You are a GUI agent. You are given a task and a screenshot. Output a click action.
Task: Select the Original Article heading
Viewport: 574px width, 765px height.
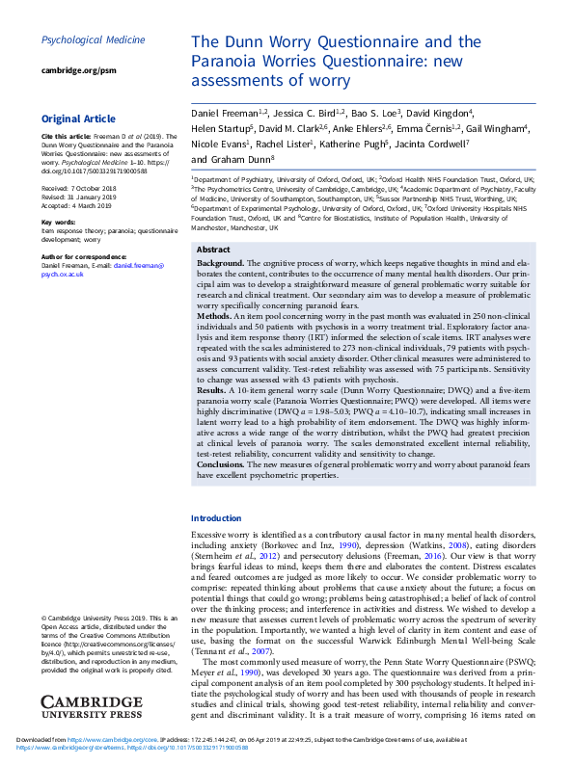point(77,119)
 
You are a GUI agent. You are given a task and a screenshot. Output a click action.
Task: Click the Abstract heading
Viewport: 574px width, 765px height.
point(213,249)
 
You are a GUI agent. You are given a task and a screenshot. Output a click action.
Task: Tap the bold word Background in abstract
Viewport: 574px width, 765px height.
point(220,263)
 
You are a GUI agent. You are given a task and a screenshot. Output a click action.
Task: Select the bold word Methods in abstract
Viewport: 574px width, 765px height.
point(215,315)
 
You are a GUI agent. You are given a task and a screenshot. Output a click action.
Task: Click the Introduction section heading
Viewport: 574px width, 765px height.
point(216,518)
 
